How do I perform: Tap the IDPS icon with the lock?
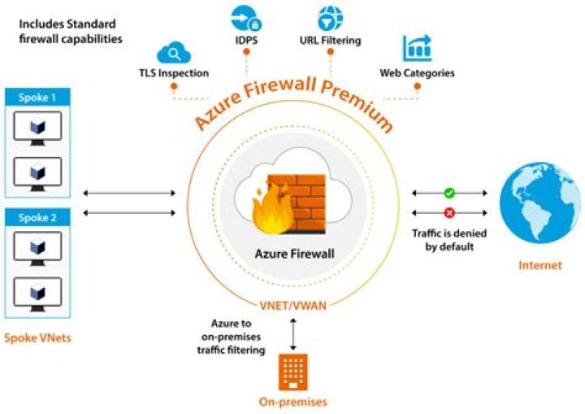248,18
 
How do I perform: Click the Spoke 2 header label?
38,217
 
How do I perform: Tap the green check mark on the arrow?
448,194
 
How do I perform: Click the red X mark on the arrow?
448,212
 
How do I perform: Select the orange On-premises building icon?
292,370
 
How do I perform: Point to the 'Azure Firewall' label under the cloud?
292,252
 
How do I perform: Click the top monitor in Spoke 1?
37,129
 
